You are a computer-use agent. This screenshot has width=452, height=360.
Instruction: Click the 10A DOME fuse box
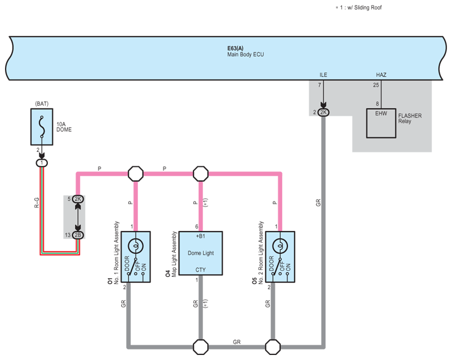pos(42,127)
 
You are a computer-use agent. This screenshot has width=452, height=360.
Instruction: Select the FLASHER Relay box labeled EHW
pos(381,123)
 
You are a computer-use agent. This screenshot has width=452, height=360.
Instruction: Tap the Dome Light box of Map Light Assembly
pos(201,253)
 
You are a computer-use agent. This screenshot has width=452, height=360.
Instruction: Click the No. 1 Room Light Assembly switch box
pos(136,257)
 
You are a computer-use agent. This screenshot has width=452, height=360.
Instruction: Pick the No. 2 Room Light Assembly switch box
pos(280,257)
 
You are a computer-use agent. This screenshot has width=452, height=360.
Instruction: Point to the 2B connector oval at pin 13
pos(78,235)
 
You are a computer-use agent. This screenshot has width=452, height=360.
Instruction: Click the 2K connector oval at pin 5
pos(78,199)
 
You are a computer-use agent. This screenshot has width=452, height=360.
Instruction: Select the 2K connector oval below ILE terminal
pos(324,112)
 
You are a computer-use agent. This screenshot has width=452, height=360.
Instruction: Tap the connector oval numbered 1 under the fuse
pos(42,163)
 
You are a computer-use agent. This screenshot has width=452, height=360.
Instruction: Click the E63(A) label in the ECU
pos(235,48)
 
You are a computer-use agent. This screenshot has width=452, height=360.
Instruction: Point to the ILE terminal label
pos(324,75)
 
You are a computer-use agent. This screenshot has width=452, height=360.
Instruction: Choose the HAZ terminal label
pos(381,75)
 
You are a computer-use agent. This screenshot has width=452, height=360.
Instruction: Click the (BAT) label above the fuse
pos(42,103)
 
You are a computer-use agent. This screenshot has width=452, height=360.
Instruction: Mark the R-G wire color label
pos(37,203)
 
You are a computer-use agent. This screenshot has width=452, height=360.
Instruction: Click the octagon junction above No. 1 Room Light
pos(136,174)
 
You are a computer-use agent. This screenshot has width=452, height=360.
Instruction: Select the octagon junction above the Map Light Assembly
pos(201,174)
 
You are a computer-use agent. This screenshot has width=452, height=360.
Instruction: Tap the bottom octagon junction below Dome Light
pos(201,347)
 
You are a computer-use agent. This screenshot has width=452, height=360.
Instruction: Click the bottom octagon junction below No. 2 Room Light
pos(272,347)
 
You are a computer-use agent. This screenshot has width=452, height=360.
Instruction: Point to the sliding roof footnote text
pos(359,8)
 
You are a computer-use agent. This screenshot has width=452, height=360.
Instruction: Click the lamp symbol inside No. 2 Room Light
pos(280,246)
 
